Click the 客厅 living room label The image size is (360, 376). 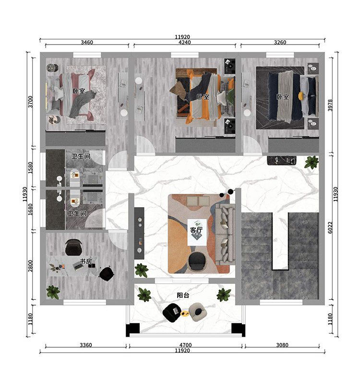point(196,230)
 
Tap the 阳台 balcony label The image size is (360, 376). point(183,295)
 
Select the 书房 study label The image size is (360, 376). point(85,261)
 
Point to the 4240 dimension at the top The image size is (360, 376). point(184,42)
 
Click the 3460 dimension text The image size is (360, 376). point(86,42)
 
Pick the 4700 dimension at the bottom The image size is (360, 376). point(185,345)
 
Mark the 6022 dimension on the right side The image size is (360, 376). point(330,227)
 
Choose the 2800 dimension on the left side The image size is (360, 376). point(30,266)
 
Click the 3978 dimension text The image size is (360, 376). point(330,105)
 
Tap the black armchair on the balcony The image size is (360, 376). point(172,312)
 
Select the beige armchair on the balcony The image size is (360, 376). point(198,312)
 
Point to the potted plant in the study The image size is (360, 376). point(53,292)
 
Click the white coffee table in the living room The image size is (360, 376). point(197,232)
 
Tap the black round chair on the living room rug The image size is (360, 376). point(197,262)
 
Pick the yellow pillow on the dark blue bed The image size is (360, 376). point(300,95)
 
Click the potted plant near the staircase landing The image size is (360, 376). point(312,162)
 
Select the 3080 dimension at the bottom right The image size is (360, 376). point(282,345)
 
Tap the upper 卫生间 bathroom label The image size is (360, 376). point(81,156)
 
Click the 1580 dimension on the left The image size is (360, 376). point(30,168)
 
